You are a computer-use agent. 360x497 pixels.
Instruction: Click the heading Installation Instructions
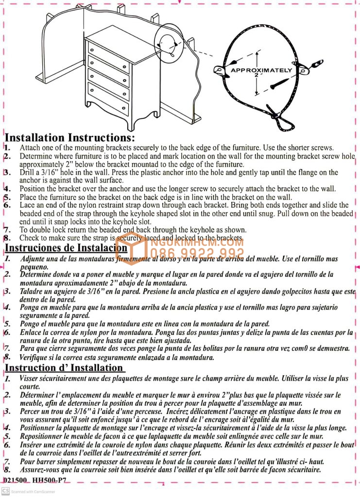click(x=69, y=138)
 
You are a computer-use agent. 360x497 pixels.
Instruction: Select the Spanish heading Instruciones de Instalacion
click(x=66, y=248)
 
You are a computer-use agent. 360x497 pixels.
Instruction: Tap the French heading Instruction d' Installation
click(x=64, y=367)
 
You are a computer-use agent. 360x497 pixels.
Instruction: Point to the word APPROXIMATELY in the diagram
click(x=261, y=70)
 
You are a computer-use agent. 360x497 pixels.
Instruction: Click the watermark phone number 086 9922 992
click(x=197, y=253)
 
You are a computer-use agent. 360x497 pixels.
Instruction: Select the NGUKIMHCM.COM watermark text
click(x=197, y=242)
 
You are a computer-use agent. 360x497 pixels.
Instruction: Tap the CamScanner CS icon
click(x=5, y=491)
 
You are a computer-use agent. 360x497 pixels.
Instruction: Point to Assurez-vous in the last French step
click(x=42, y=470)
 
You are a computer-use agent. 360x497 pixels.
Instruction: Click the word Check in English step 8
click(x=29, y=238)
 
